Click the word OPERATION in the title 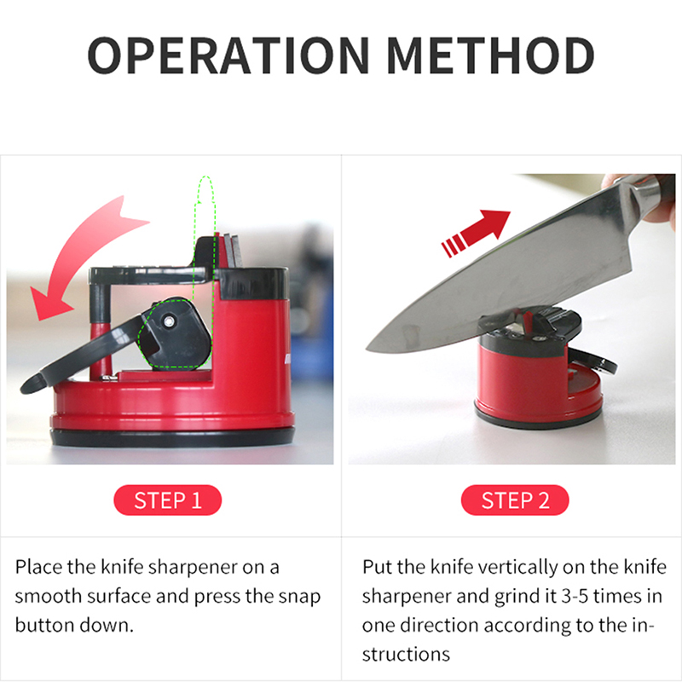pos(228,55)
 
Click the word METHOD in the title pos(491,55)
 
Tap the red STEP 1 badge pos(168,500)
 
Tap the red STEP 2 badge pos(515,500)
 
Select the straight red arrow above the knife pos(477,233)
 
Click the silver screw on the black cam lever pos(168,321)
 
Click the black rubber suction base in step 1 pos(173,437)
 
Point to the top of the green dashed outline pos(205,177)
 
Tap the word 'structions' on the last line pos(406,654)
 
